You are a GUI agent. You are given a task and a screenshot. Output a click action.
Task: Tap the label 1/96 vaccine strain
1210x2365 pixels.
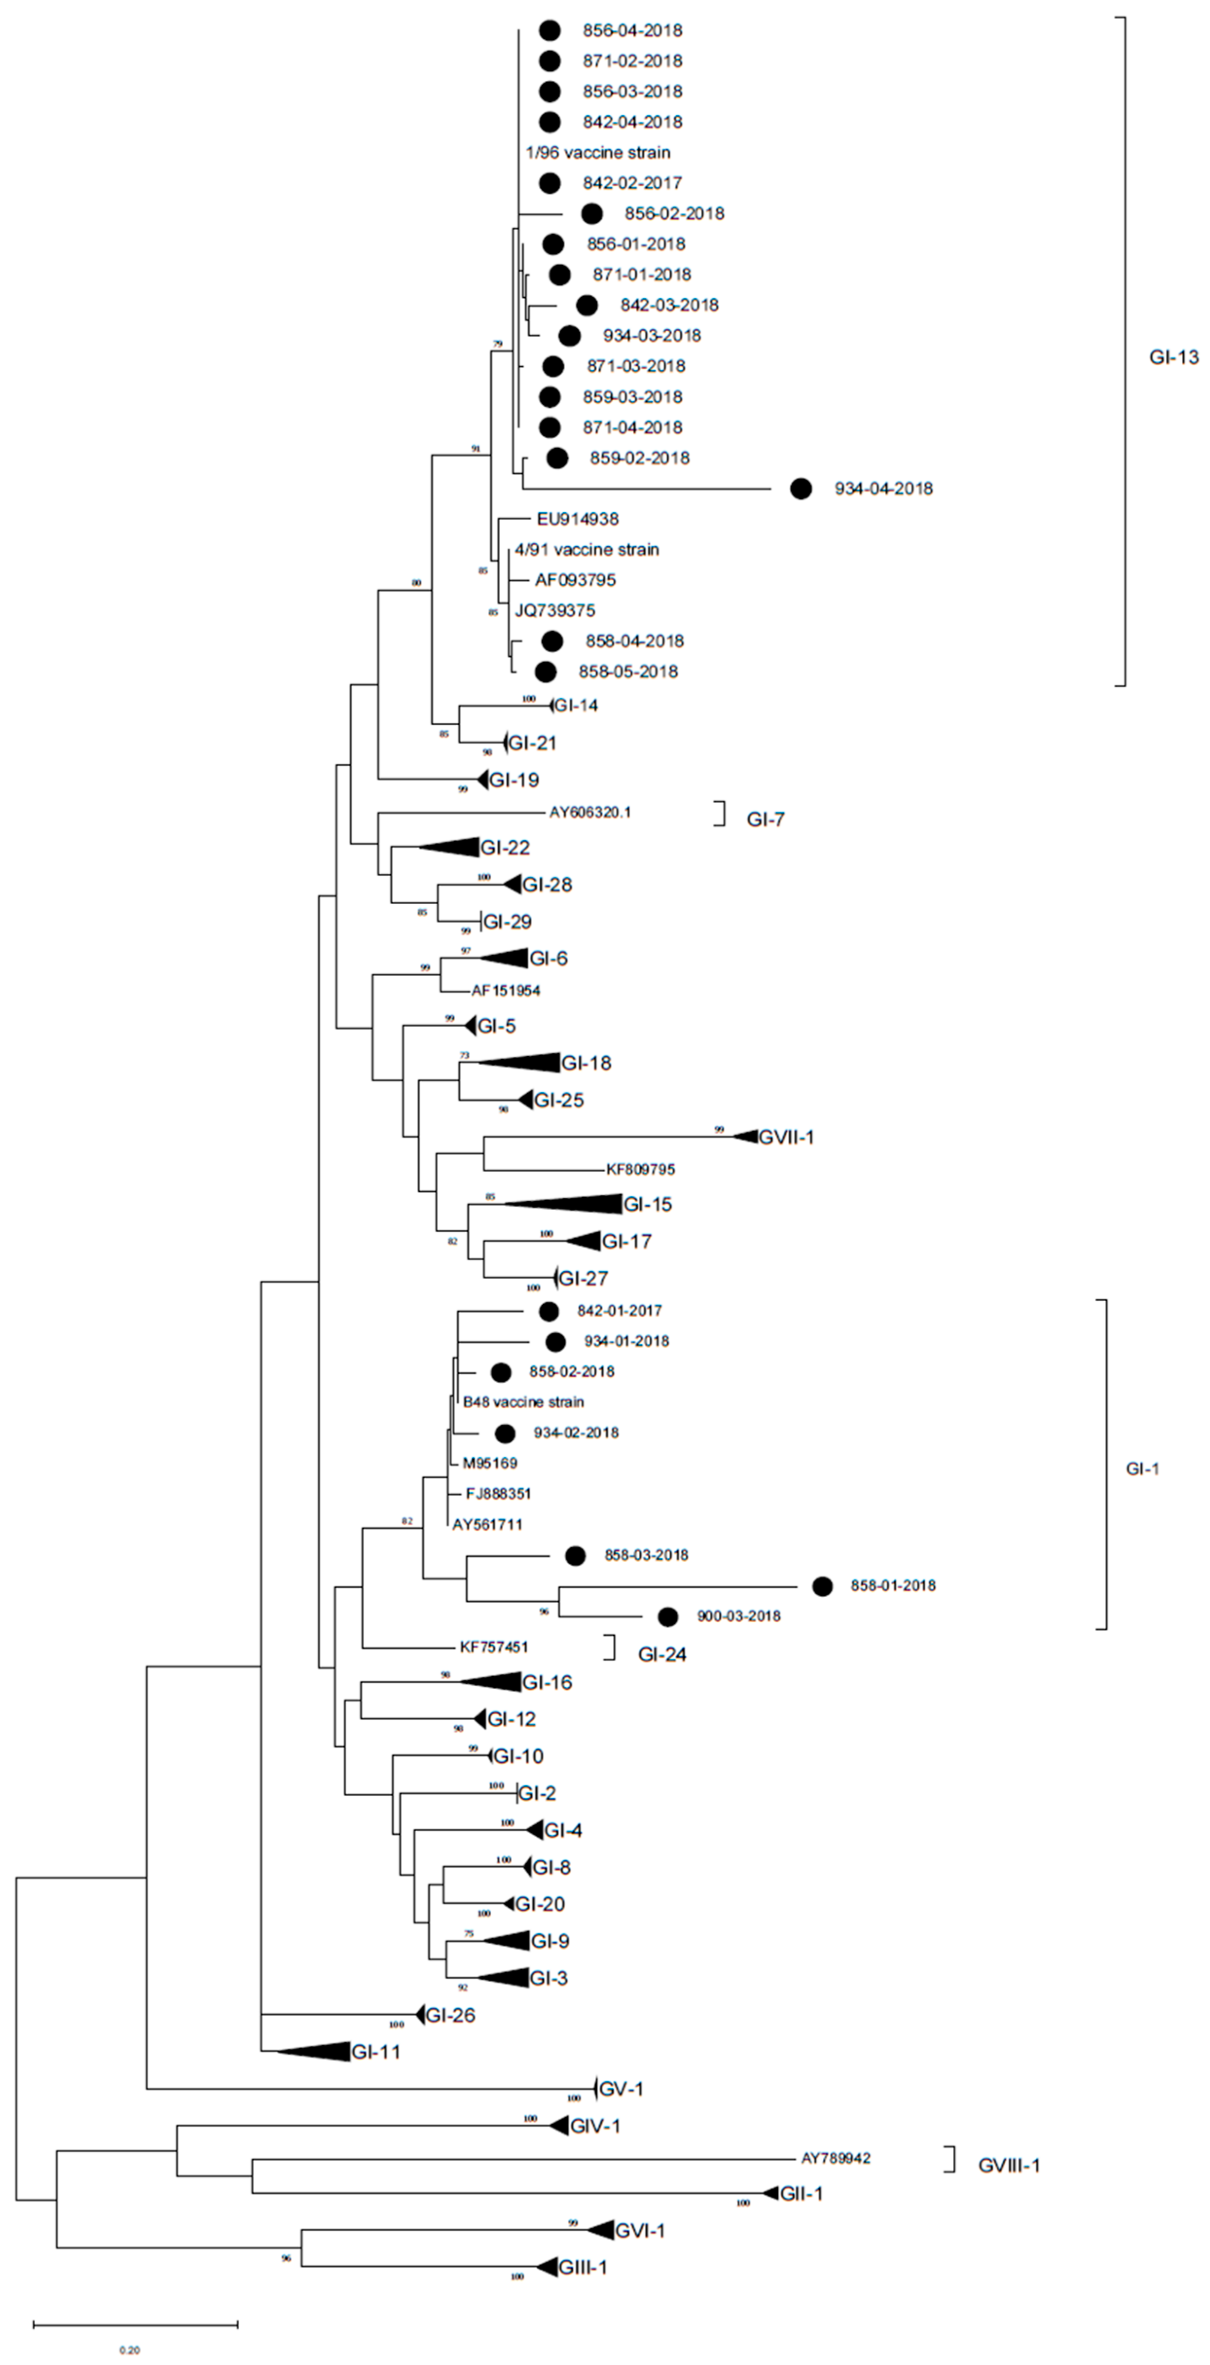598,152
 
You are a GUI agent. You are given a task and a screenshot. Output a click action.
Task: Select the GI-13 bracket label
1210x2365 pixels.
1173,357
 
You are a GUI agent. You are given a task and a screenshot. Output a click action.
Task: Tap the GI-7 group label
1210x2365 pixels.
765,820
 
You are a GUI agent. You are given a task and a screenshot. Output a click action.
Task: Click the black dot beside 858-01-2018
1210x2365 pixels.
821,1586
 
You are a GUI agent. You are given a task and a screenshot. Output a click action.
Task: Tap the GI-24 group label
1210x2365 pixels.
662,1654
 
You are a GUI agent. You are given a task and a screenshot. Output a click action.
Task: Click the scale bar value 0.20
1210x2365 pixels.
128,2350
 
